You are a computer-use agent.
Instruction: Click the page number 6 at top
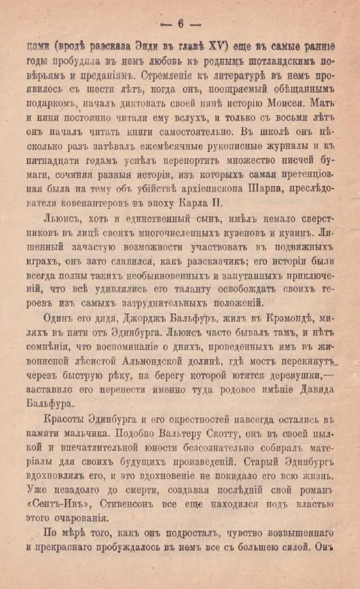pos(179,23)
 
